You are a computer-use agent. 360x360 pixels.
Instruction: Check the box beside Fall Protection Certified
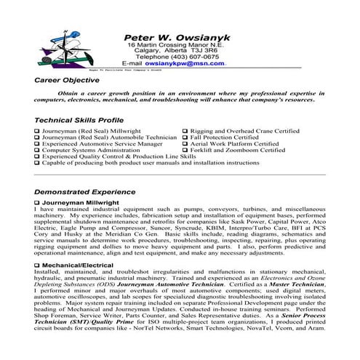tap(185, 137)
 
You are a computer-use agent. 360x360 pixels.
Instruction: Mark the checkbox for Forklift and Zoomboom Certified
tap(185, 150)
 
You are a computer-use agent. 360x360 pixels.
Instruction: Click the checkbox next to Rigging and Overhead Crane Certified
tap(185, 131)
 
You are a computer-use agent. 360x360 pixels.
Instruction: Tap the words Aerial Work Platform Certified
tap(239, 143)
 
